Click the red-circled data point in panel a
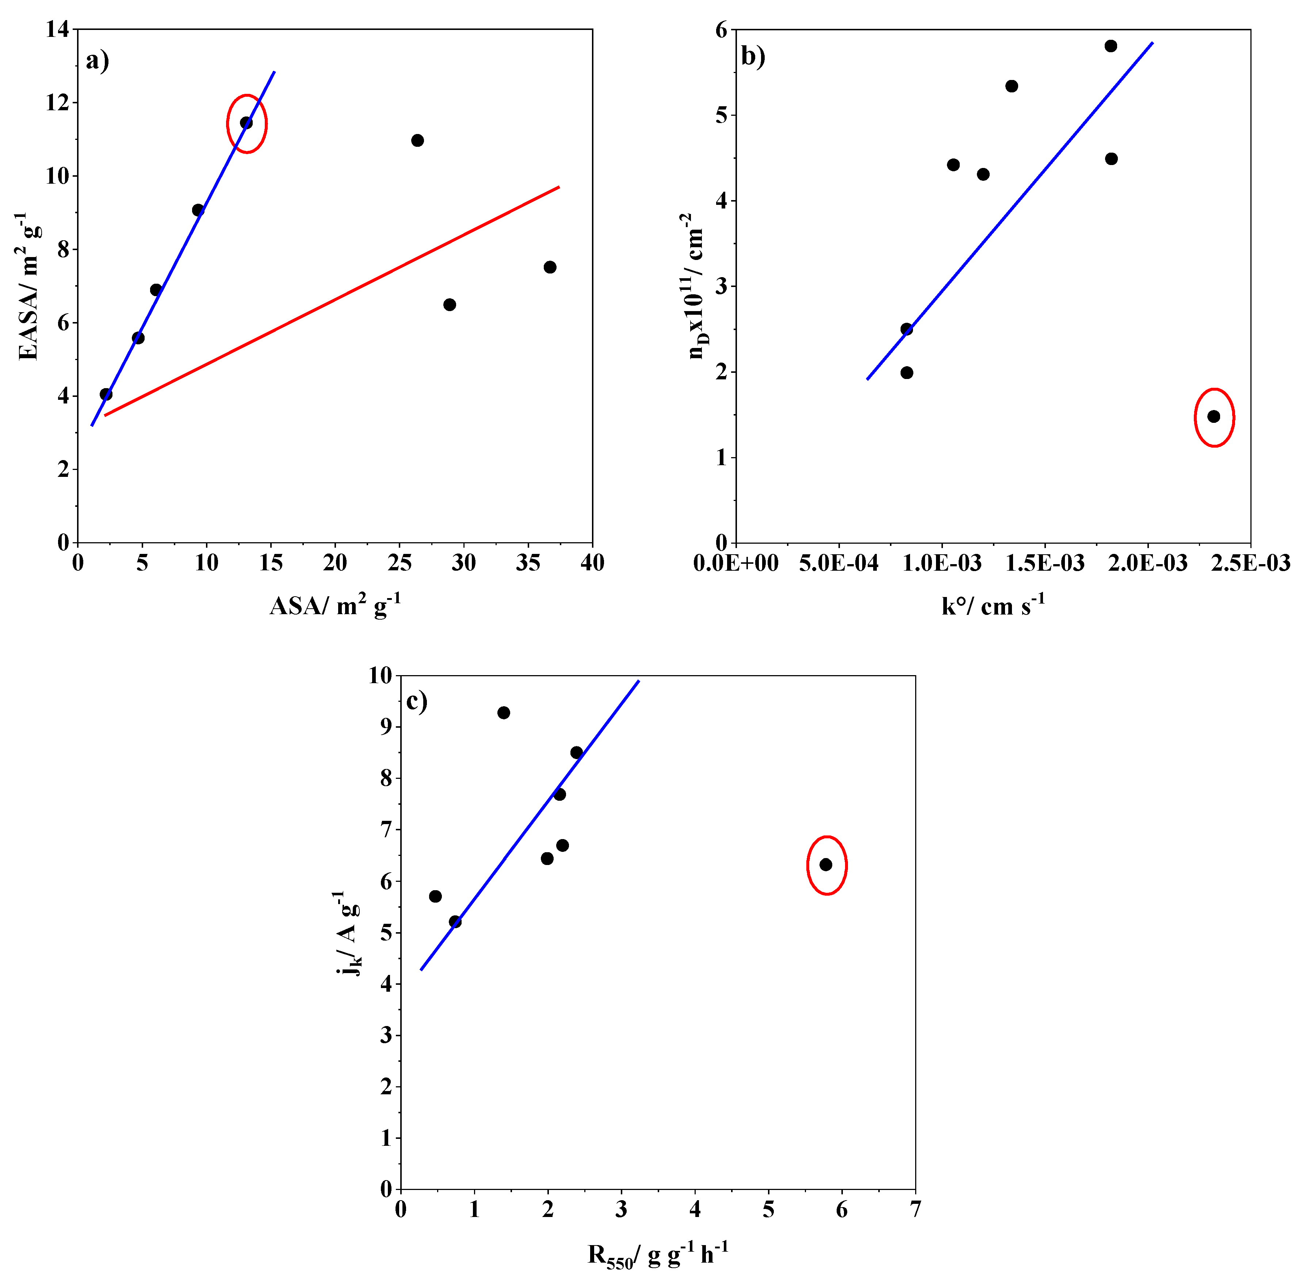click(246, 123)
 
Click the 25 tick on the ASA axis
click(399, 563)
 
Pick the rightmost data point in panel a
click(550, 267)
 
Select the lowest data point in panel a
click(106, 394)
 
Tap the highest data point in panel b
click(1111, 46)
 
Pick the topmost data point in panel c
click(503, 713)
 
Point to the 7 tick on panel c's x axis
click(915, 1209)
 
